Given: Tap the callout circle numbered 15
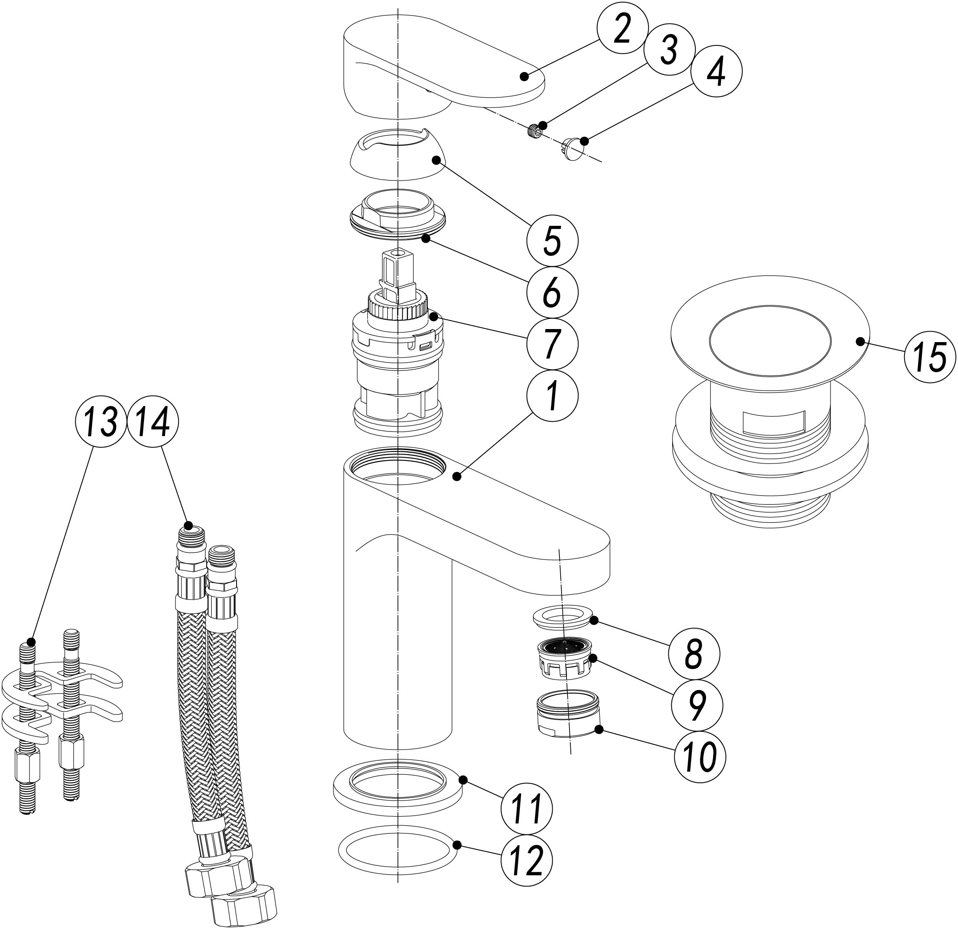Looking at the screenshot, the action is (x=930, y=357).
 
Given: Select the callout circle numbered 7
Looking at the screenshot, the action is (x=552, y=343).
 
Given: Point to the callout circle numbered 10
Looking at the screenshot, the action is (x=700, y=757).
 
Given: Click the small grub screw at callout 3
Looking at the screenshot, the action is (x=537, y=131).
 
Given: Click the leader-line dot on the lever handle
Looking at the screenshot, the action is (x=524, y=76).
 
